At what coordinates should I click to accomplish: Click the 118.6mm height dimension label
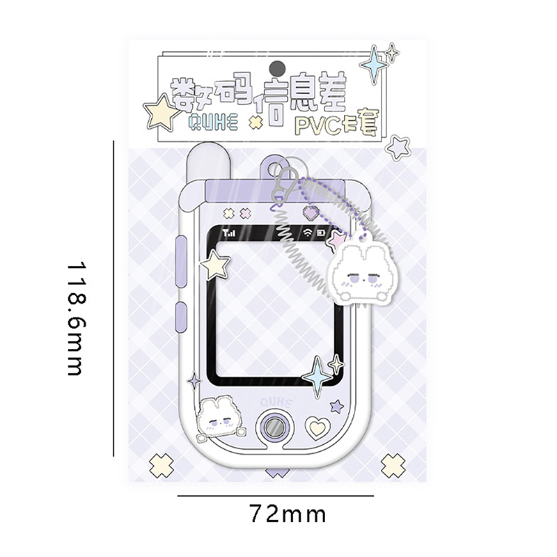coord(77,319)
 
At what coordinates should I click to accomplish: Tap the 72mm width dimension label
coord(288,514)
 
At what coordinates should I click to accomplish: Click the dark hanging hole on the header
coord(277,68)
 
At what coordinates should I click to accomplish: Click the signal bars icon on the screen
coord(229,233)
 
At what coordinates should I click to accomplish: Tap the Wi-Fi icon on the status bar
coord(308,233)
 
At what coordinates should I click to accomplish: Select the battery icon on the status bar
coord(321,233)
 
